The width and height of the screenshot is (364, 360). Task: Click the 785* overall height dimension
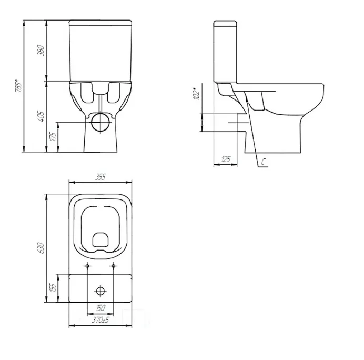click(x=18, y=86)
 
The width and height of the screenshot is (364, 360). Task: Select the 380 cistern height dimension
click(x=41, y=50)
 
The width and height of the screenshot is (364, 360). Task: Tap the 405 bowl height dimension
click(x=41, y=116)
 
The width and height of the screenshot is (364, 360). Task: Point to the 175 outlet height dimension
click(x=53, y=136)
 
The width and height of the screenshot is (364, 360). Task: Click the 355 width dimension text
click(x=100, y=177)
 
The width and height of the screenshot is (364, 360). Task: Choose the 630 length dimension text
click(x=41, y=248)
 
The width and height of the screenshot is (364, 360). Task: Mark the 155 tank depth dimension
click(x=53, y=288)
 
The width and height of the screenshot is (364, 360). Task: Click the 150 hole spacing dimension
click(x=100, y=308)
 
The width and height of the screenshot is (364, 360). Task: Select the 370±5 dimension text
click(x=100, y=321)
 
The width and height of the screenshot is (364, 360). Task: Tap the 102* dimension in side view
click(x=197, y=94)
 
